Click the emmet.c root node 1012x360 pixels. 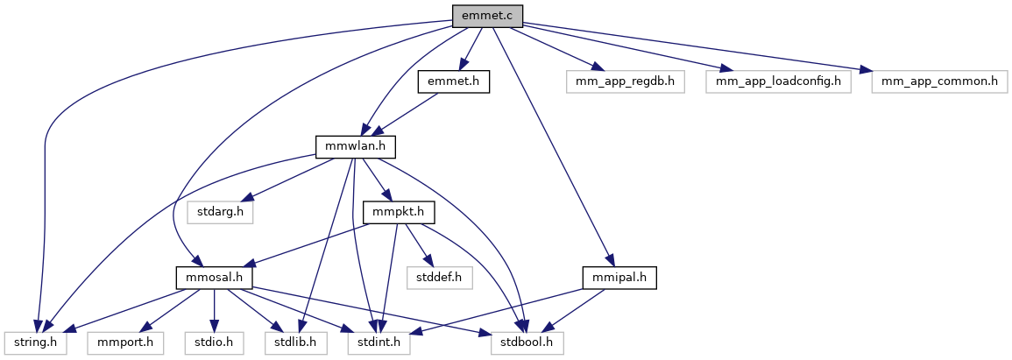486,15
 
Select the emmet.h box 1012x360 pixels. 452,81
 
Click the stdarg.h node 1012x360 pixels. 219,212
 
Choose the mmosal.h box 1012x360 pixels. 214,278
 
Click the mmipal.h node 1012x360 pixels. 619,278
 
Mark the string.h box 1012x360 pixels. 33,342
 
